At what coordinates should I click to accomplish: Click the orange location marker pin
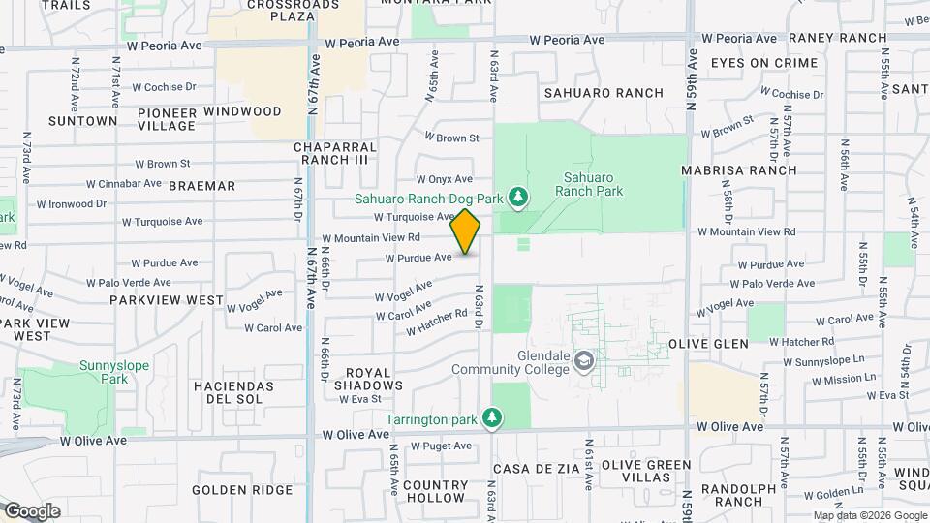tap(465, 231)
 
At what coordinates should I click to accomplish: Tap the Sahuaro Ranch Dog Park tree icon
tap(518, 199)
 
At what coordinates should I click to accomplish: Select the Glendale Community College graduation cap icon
tap(583, 362)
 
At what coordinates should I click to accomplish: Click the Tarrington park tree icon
tap(494, 418)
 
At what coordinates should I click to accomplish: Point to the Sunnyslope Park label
tap(101, 373)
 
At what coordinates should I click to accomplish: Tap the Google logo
tap(31, 510)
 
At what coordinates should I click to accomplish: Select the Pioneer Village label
tap(167, 119)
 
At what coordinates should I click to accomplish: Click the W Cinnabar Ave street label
tap(123, 183)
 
